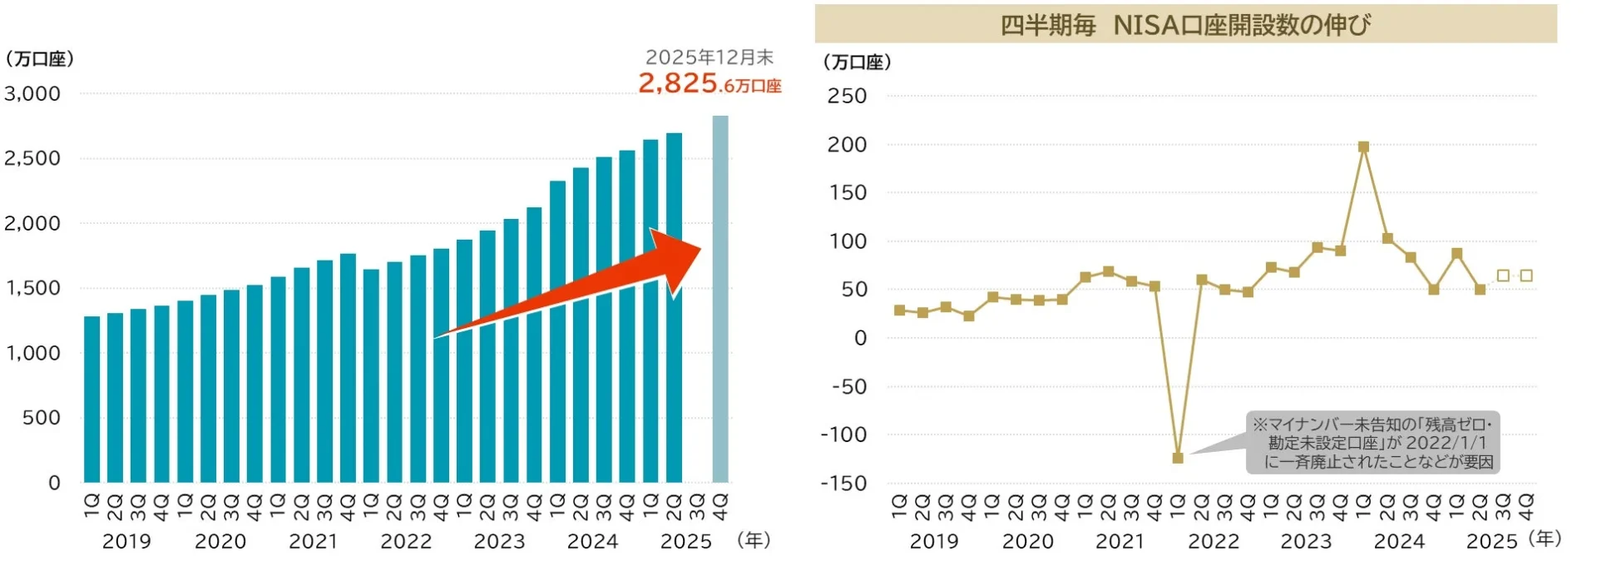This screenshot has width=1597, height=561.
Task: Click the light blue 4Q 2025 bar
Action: pyautogui.click(x=720, y=300)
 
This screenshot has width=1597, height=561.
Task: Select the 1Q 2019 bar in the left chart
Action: pyautogui.click(x=91, y=400)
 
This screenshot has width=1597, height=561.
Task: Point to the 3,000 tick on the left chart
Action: pyautogui.click(x=32, y=94)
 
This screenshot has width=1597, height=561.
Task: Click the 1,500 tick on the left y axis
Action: pyautogui.click(x=32, y=288)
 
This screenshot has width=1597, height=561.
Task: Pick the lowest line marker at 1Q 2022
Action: pyautogui.click(x=1177, y=458)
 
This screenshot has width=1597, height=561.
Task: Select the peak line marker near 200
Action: pyautogui.click(x=1363, y=147)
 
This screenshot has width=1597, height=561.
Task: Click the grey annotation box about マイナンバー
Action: pyautogui.click(x=1372, y=443)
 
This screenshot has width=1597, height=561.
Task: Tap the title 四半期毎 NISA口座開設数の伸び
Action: pyautogui.click(x=1185, y=25)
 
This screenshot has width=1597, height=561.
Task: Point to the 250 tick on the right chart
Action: pyautogui.click(x=847, y=97)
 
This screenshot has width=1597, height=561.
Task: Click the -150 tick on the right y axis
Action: pyautogui.click(x=843, y=484)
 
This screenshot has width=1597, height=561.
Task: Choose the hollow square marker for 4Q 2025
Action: pyautogui.click(x=1526, y=276)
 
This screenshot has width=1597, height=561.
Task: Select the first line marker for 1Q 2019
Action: pyautogui.click(x=899, y=310)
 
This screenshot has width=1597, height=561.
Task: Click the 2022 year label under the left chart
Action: pyautogui.click(x=406, y=542)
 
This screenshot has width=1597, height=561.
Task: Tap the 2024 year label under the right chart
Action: pyautogui.click(x=1399, y=542)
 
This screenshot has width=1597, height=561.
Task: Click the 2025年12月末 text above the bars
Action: pyautogui.click(x=710, y=57)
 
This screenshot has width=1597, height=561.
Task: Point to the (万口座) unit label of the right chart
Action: pyautogui.click(x=857, y=62)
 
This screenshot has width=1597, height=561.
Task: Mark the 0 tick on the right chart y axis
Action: pyautogui.click(x=860, y=339)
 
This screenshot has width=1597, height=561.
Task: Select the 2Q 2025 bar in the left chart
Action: pyautogui.click(x=674, y=308)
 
